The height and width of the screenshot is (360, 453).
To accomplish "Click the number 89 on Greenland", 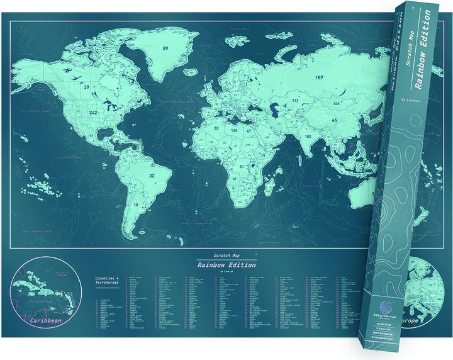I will click(x=167, y=48).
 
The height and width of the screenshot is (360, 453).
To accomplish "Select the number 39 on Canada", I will click(x=86, y=87).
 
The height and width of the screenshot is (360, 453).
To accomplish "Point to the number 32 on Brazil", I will click(x=151, y=176).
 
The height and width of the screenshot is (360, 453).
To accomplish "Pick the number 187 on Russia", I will click(x=320, y=77).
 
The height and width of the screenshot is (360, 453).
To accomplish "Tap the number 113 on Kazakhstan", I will click(x=294, y=101).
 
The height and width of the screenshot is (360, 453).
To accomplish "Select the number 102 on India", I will click(x=308, y=136).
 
